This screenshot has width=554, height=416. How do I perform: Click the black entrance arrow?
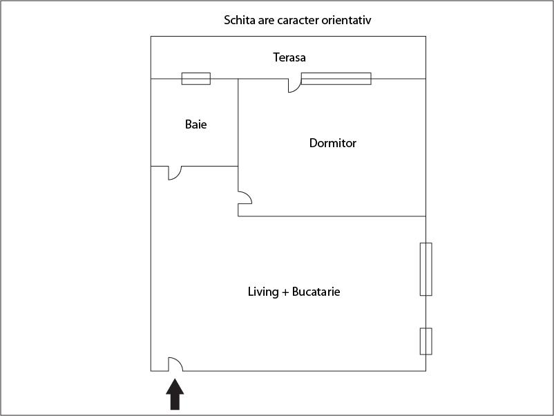click(175, 394)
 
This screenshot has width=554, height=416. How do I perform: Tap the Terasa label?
click(289, 57)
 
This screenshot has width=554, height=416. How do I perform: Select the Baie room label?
click(195, 124)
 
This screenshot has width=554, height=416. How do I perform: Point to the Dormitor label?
click(332, 143)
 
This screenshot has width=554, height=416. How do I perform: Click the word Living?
click(263, 292)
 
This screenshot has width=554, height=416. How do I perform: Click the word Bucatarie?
click(316, 292)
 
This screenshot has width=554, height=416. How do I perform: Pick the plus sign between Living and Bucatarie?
click(285, 292)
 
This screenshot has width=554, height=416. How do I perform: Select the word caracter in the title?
click(298, 21)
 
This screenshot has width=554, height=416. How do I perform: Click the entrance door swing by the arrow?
click(175, 364)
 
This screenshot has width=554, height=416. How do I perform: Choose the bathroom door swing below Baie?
click(175, 173)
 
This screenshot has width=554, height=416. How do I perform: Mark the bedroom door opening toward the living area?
click(245, 198)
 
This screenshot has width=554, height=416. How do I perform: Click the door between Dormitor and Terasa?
click(295, 86)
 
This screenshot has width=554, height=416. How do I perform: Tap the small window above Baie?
click(196, 79)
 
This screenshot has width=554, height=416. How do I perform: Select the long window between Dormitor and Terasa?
click(336, 79)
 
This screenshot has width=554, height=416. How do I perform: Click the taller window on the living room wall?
click(426, 269)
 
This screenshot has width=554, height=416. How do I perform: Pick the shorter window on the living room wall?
click(426, 341)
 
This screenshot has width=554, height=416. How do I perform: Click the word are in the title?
click(266, 21)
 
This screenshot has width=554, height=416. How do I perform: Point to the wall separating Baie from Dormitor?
click(238, 122)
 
